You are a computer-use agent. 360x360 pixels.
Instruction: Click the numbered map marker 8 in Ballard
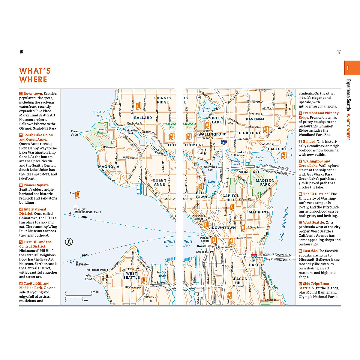coord(138,105)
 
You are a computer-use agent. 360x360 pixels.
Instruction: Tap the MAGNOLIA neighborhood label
coord(109,167)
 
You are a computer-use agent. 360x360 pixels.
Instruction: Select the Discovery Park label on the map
coord(100,131)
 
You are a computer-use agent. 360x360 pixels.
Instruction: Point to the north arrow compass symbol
coord(69,241)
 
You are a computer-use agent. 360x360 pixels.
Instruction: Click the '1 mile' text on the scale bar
coord(94,292)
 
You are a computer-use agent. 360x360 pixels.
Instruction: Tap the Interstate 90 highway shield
coord(254,256)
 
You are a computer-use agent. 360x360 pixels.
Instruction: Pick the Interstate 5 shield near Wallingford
coord(224,142)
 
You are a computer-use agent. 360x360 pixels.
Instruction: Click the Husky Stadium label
coord(239,154)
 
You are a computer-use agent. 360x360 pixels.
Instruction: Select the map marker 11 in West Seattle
coord(143,280)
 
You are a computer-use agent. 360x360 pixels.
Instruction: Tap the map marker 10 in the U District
coord(265,129)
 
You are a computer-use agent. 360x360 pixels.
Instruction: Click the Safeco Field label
coord(203,252)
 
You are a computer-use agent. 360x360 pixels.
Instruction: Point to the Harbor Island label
coord(161,274)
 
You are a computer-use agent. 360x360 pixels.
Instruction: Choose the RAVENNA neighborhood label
coord(255,119)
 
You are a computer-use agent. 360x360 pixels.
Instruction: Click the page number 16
coord(21,52)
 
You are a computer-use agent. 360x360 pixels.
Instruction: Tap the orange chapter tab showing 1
coord(352,68)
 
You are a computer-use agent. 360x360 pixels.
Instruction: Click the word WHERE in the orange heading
coord(33,79)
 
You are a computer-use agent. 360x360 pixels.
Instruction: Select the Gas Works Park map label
coord(210,168)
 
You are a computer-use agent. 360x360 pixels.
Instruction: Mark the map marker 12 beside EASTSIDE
coord(283,155)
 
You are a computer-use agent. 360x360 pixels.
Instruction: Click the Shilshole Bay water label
coord(99,114)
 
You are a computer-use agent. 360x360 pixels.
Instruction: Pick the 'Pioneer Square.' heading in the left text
coord(36,185)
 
